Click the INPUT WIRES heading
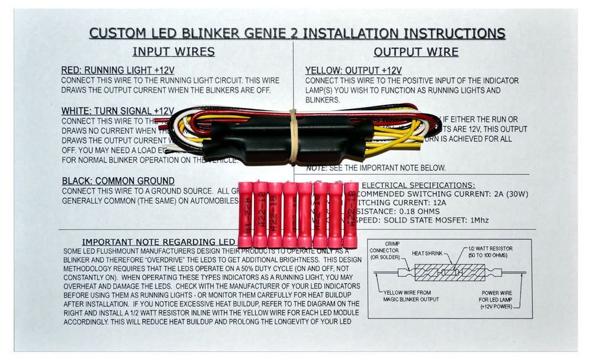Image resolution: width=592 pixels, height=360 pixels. pyautogui.click(x=173, y=52)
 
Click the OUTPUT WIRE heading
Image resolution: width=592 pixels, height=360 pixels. pyautogui.click(x=416, y=52)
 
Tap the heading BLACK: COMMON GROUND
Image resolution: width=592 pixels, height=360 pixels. pyautogui.click(x=118, y=181)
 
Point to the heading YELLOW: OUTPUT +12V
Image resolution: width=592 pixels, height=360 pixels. pyautogui.click(x=353, y=70)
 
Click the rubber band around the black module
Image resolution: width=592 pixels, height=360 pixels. pyautogui.click(x=292, y=136)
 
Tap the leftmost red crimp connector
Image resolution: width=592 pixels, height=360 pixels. pyautogui.click(x=245, y=215)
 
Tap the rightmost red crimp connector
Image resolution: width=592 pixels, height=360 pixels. pyautogui.click(x=350, y=215)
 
